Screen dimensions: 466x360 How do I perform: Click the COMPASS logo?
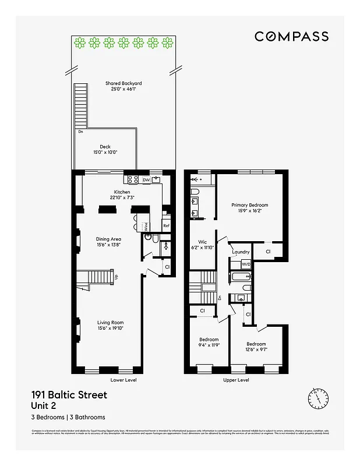[291, 36]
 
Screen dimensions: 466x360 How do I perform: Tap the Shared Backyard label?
[123, 83]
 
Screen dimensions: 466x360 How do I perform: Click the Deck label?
[105, 147]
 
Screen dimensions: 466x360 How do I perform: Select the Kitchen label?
[122, 192]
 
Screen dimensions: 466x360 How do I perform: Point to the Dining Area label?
[108, 239]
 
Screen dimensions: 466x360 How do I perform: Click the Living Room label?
[110, 323]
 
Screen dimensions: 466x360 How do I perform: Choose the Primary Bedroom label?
[249, 205]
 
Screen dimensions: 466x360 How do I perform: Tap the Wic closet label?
[203, 241]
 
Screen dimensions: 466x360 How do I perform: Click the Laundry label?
[241, 252]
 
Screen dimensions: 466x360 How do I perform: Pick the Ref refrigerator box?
[166, 225]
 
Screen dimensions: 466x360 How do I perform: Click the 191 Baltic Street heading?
[69, 395]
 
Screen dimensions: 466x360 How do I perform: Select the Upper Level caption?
[236, 380]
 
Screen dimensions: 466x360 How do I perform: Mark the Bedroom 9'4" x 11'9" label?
[209, 340]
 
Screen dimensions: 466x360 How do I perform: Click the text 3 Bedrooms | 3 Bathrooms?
[68, 417]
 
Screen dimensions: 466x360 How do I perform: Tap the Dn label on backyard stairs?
[80, 132]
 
